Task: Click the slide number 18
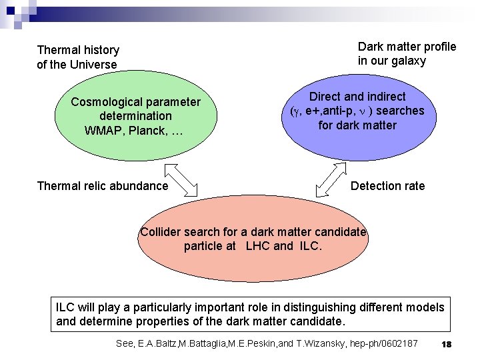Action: [447, 343]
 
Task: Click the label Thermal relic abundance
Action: [103, 186]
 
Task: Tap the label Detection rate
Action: [387, 186]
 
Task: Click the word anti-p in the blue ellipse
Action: [344, 111]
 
